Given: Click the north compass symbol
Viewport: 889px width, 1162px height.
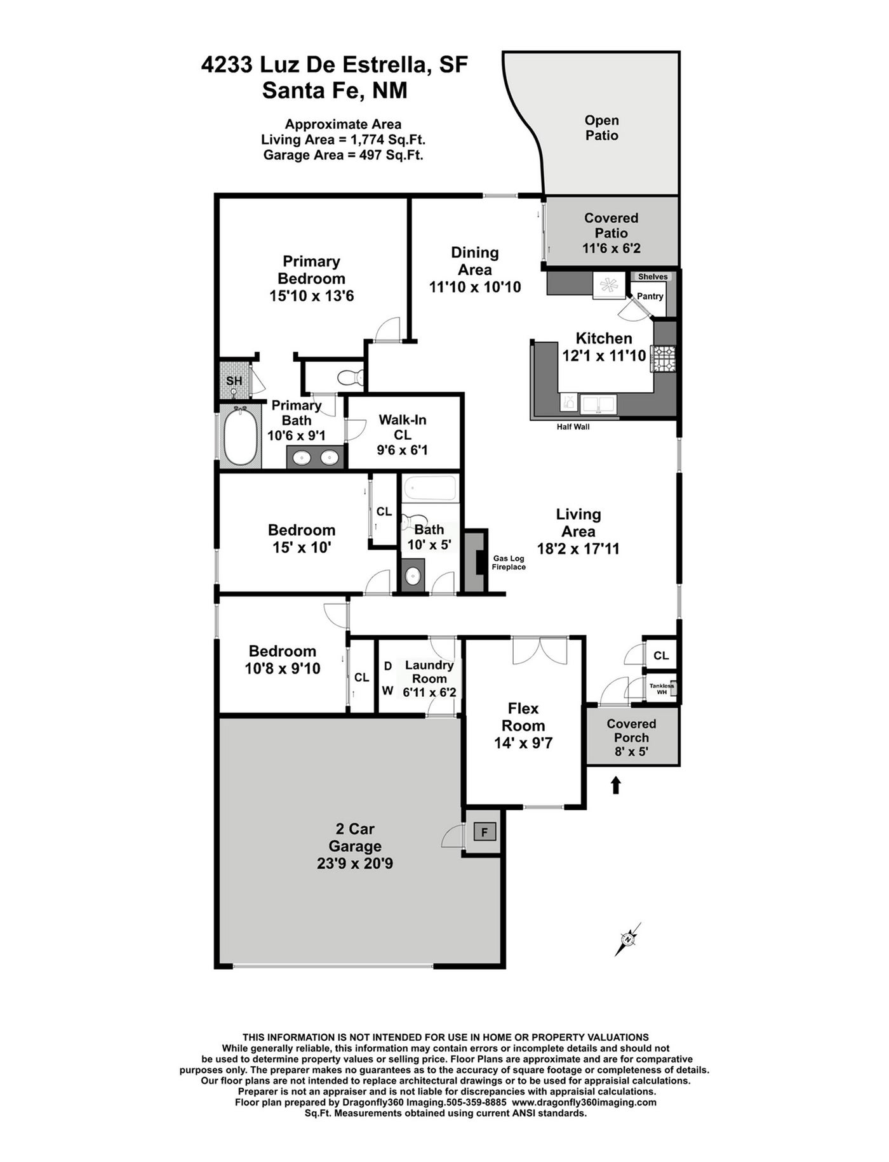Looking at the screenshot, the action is (627, 940).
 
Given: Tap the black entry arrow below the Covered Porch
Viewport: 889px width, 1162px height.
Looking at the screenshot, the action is (615, 786).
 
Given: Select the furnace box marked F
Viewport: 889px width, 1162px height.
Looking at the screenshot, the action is (485, 831).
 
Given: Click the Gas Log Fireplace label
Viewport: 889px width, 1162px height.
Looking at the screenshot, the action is (509, 563).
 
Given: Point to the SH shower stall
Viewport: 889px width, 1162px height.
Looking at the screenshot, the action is (234, 381).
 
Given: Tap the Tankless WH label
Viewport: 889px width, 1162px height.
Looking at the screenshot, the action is (662, 689).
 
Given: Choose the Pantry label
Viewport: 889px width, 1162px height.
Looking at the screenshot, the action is (650, 296).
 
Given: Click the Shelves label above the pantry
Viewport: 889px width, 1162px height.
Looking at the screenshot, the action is (653, 277).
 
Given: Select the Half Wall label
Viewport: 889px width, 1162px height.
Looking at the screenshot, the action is (573, 427).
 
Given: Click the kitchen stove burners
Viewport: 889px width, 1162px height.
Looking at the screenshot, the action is (663, 359).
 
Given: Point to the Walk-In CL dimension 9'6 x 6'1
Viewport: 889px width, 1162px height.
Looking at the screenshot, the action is (403, 451).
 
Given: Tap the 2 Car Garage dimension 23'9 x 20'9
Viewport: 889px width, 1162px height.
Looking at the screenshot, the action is (355, 864).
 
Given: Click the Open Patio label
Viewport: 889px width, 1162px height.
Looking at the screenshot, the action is (602, 128).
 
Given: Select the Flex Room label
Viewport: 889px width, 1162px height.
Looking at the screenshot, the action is (523, 717).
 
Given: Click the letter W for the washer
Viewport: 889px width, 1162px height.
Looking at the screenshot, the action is (387, 690).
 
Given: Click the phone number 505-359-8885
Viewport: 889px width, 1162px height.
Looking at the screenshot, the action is (477, 1102).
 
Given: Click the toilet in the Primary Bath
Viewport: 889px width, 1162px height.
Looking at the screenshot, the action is (351, 378).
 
